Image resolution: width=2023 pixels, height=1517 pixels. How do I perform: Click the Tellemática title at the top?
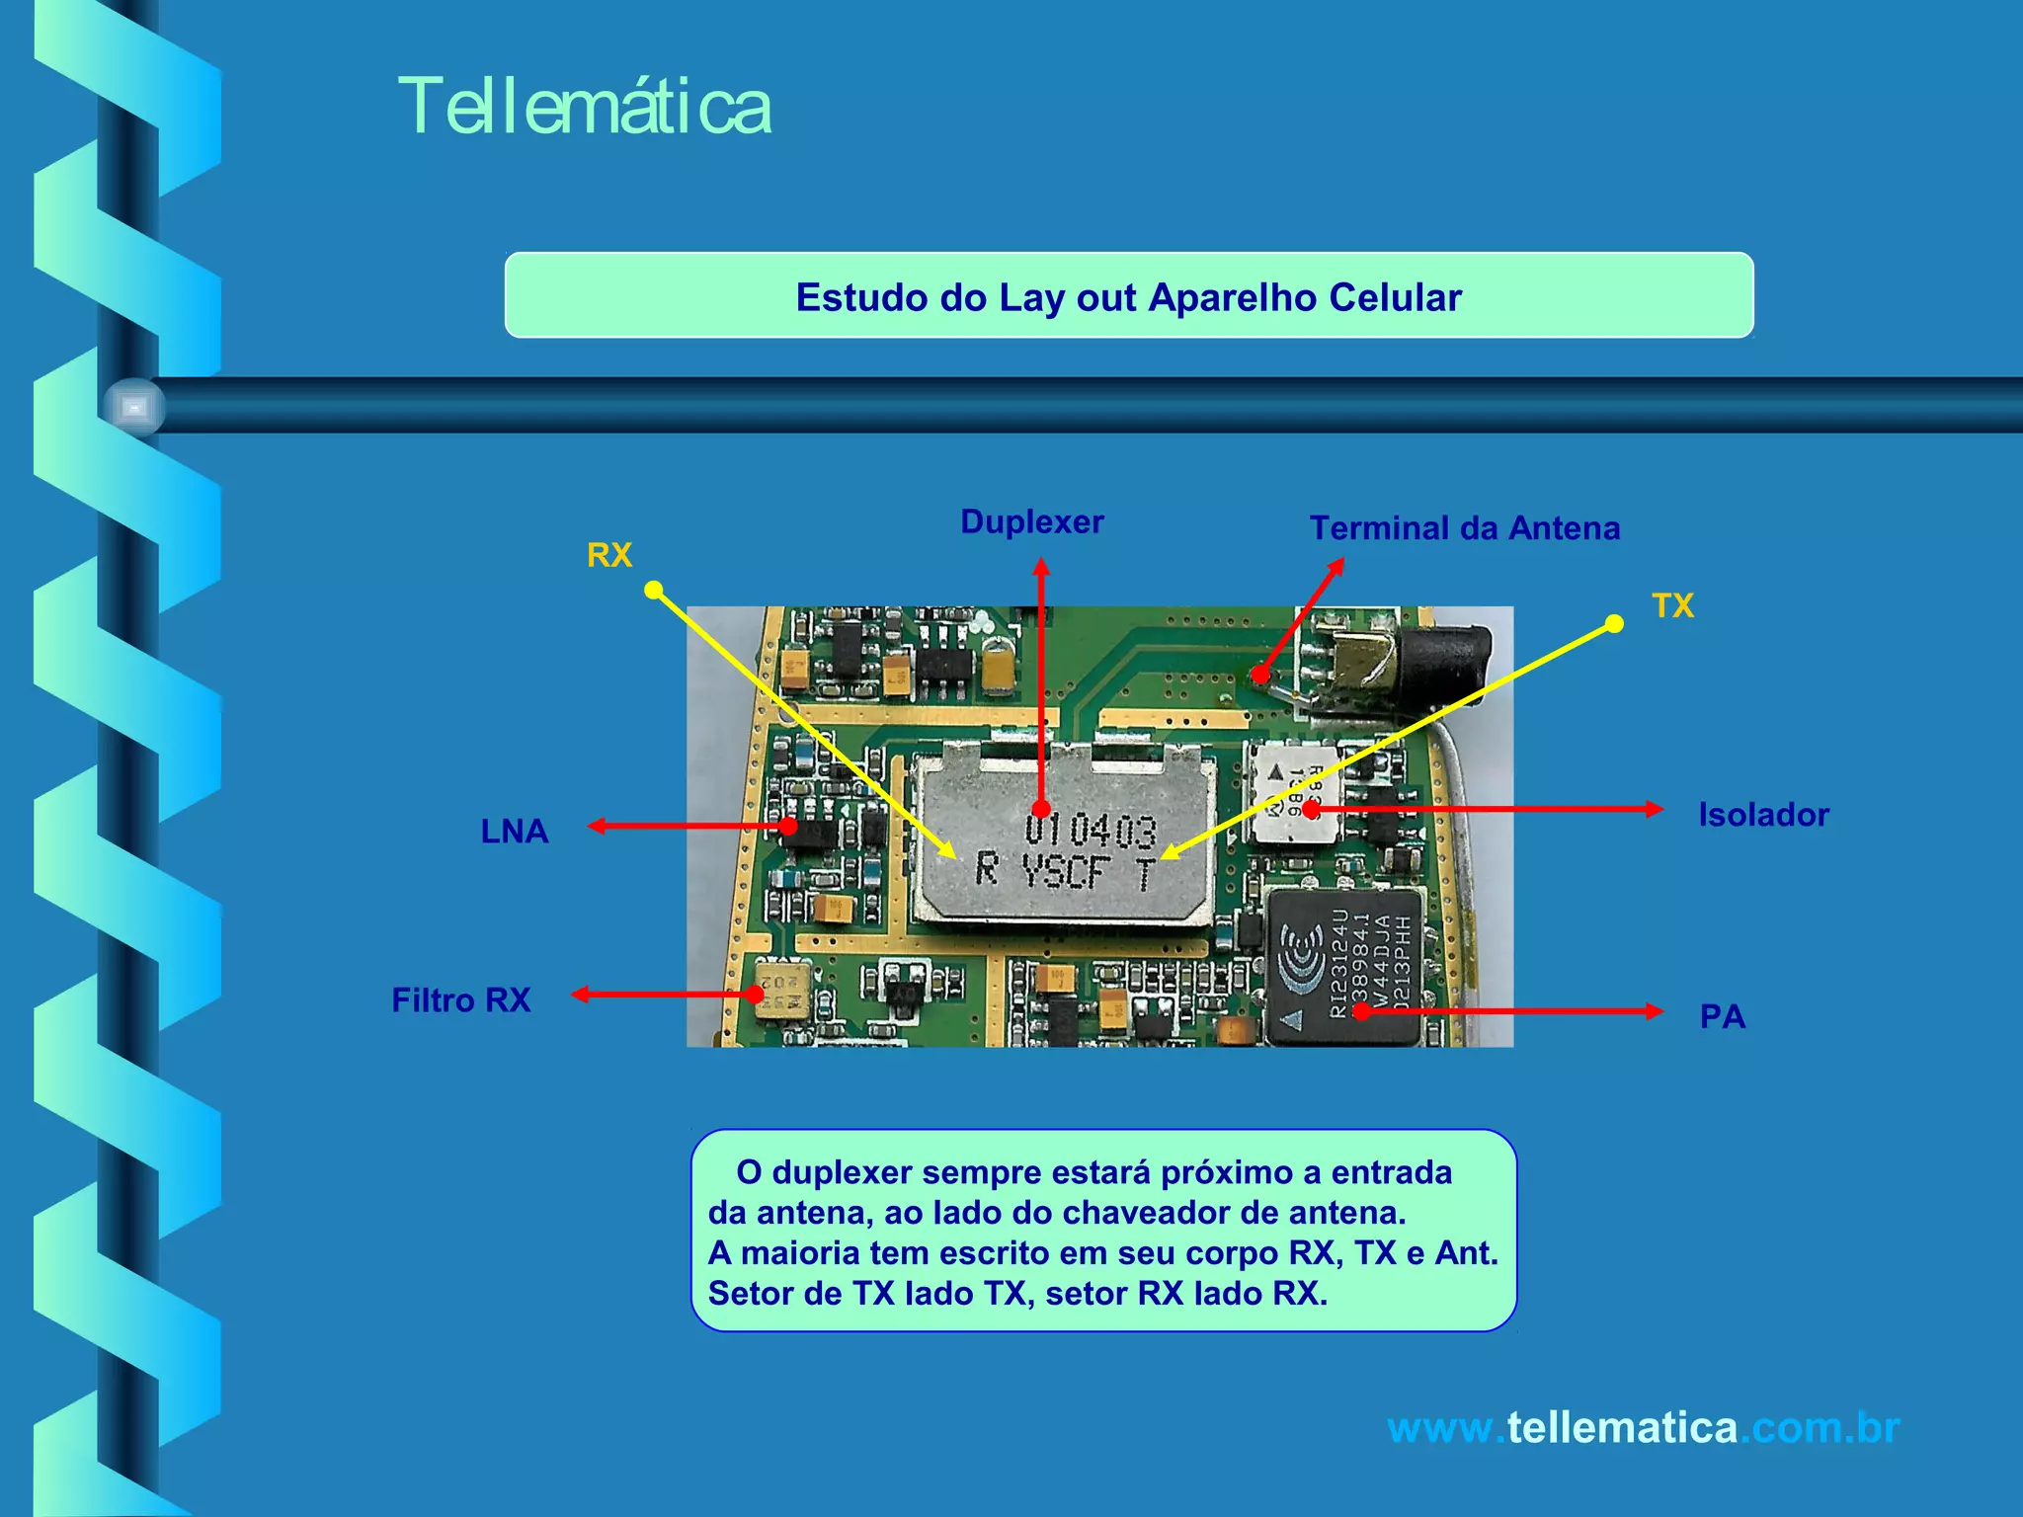coord(584,107)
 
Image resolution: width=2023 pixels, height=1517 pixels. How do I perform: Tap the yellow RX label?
coord(608,555)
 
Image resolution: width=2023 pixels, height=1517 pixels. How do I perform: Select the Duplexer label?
coord(1031,521)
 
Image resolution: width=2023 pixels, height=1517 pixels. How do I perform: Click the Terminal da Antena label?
coord(1464,528)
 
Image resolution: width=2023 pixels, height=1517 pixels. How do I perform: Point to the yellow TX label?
coord(1672,605)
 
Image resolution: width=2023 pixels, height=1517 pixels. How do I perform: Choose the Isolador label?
coord(1763,815)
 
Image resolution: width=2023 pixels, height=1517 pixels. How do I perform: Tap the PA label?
coord(1722,1016)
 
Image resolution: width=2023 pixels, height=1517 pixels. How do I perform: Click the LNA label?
coord(514,832)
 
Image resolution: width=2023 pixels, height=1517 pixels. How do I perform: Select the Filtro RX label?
coord(460,1000)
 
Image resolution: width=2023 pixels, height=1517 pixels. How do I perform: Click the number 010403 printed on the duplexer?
coord(1091,830)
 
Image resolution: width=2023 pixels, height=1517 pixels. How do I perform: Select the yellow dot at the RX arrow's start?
coord(653,590)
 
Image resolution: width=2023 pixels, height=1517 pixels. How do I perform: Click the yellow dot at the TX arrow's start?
coord(1614,623)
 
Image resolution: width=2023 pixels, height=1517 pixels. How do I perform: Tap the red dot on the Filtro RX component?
coord(756,995)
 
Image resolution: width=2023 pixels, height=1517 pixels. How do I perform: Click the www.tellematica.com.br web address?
coord(1642,1428)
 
